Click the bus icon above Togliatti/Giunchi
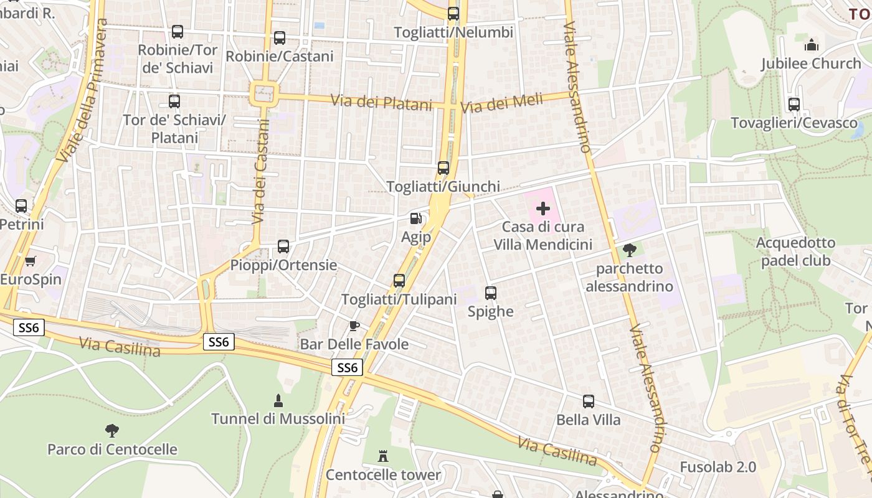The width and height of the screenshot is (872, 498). (443, 168)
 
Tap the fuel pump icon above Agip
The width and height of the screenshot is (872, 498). (416, 218)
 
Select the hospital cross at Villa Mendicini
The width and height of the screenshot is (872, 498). (543, 209)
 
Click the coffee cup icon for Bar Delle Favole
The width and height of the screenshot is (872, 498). (354, 326)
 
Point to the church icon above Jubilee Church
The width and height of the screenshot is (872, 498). (811, 45)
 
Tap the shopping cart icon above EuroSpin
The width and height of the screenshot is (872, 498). (30, 261)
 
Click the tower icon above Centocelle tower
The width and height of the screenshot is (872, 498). (383, 456)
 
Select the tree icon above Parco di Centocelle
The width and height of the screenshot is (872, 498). (112, 430)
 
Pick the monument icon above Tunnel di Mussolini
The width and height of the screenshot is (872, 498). (278, 400)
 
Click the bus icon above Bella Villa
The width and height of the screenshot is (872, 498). (589, 402)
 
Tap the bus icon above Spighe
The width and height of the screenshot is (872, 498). (491, 293)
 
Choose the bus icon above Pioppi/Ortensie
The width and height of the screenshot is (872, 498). (283, 247)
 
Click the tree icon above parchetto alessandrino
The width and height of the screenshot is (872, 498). (629, 250)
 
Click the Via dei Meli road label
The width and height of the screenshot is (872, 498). (501, 103)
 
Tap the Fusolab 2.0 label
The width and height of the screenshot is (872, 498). (718, 467)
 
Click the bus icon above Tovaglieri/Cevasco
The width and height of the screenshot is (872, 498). (794, 105)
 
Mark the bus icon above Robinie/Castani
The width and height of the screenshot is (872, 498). (280, 38)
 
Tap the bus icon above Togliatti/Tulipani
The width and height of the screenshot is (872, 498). (399, 281)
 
